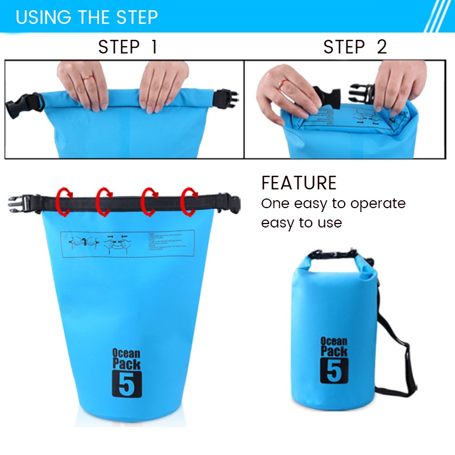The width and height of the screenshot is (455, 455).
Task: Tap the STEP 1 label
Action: (127, 47)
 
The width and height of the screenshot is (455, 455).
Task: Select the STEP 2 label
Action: (355, 47)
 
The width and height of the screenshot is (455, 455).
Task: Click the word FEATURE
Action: (299, 183)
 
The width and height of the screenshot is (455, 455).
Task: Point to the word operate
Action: (378, 204)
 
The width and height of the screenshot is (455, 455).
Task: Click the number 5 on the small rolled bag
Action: (333, 370)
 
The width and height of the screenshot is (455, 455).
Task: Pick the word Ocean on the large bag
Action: (126, 353)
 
